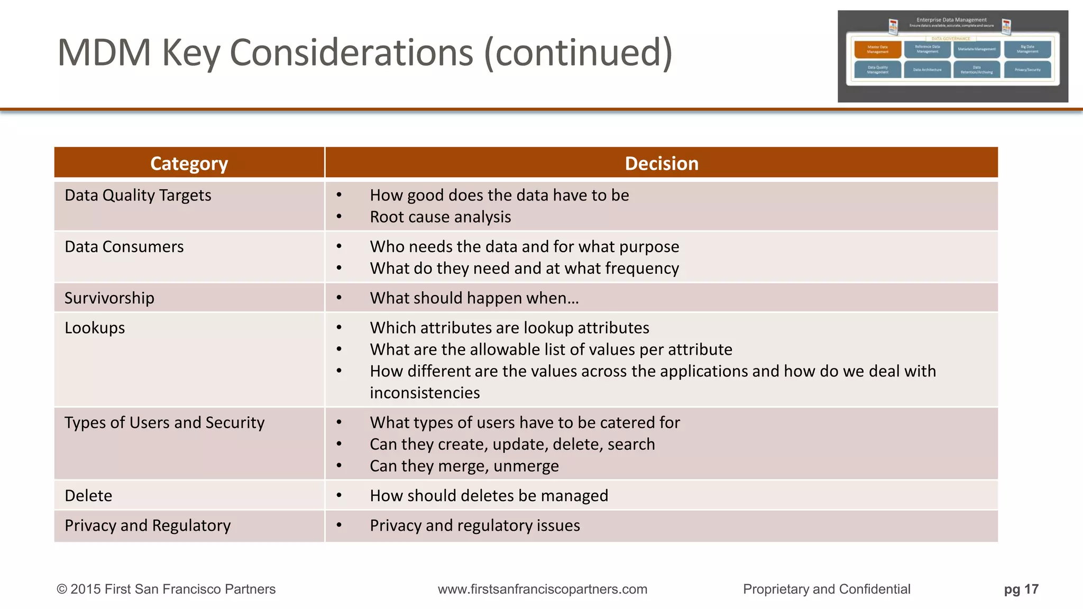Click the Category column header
tap(189, 163)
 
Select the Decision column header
tap(661, 163)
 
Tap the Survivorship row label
tap(109, 298)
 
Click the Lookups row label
tap(95, 328)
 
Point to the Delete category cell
tap(88, 495)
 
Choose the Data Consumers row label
tap(124, 247)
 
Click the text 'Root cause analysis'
tap(440, 217)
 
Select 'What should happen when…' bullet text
tap(474, 298)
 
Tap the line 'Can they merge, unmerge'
tap(464, 466)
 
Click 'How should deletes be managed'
tap(489, 496)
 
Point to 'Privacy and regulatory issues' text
tap(474, 525)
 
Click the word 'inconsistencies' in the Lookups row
tap(425, 393)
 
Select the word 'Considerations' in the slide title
tap(351, 53)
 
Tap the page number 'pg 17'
tap(1021, 589)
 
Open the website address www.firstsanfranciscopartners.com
tap(542, 589)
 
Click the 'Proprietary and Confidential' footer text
tap(827, 589)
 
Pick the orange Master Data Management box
tap(877, 49)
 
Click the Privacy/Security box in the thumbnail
tap(1027, 70)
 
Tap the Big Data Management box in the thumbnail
tap(1027, 49)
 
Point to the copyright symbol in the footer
tap(61, 589)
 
